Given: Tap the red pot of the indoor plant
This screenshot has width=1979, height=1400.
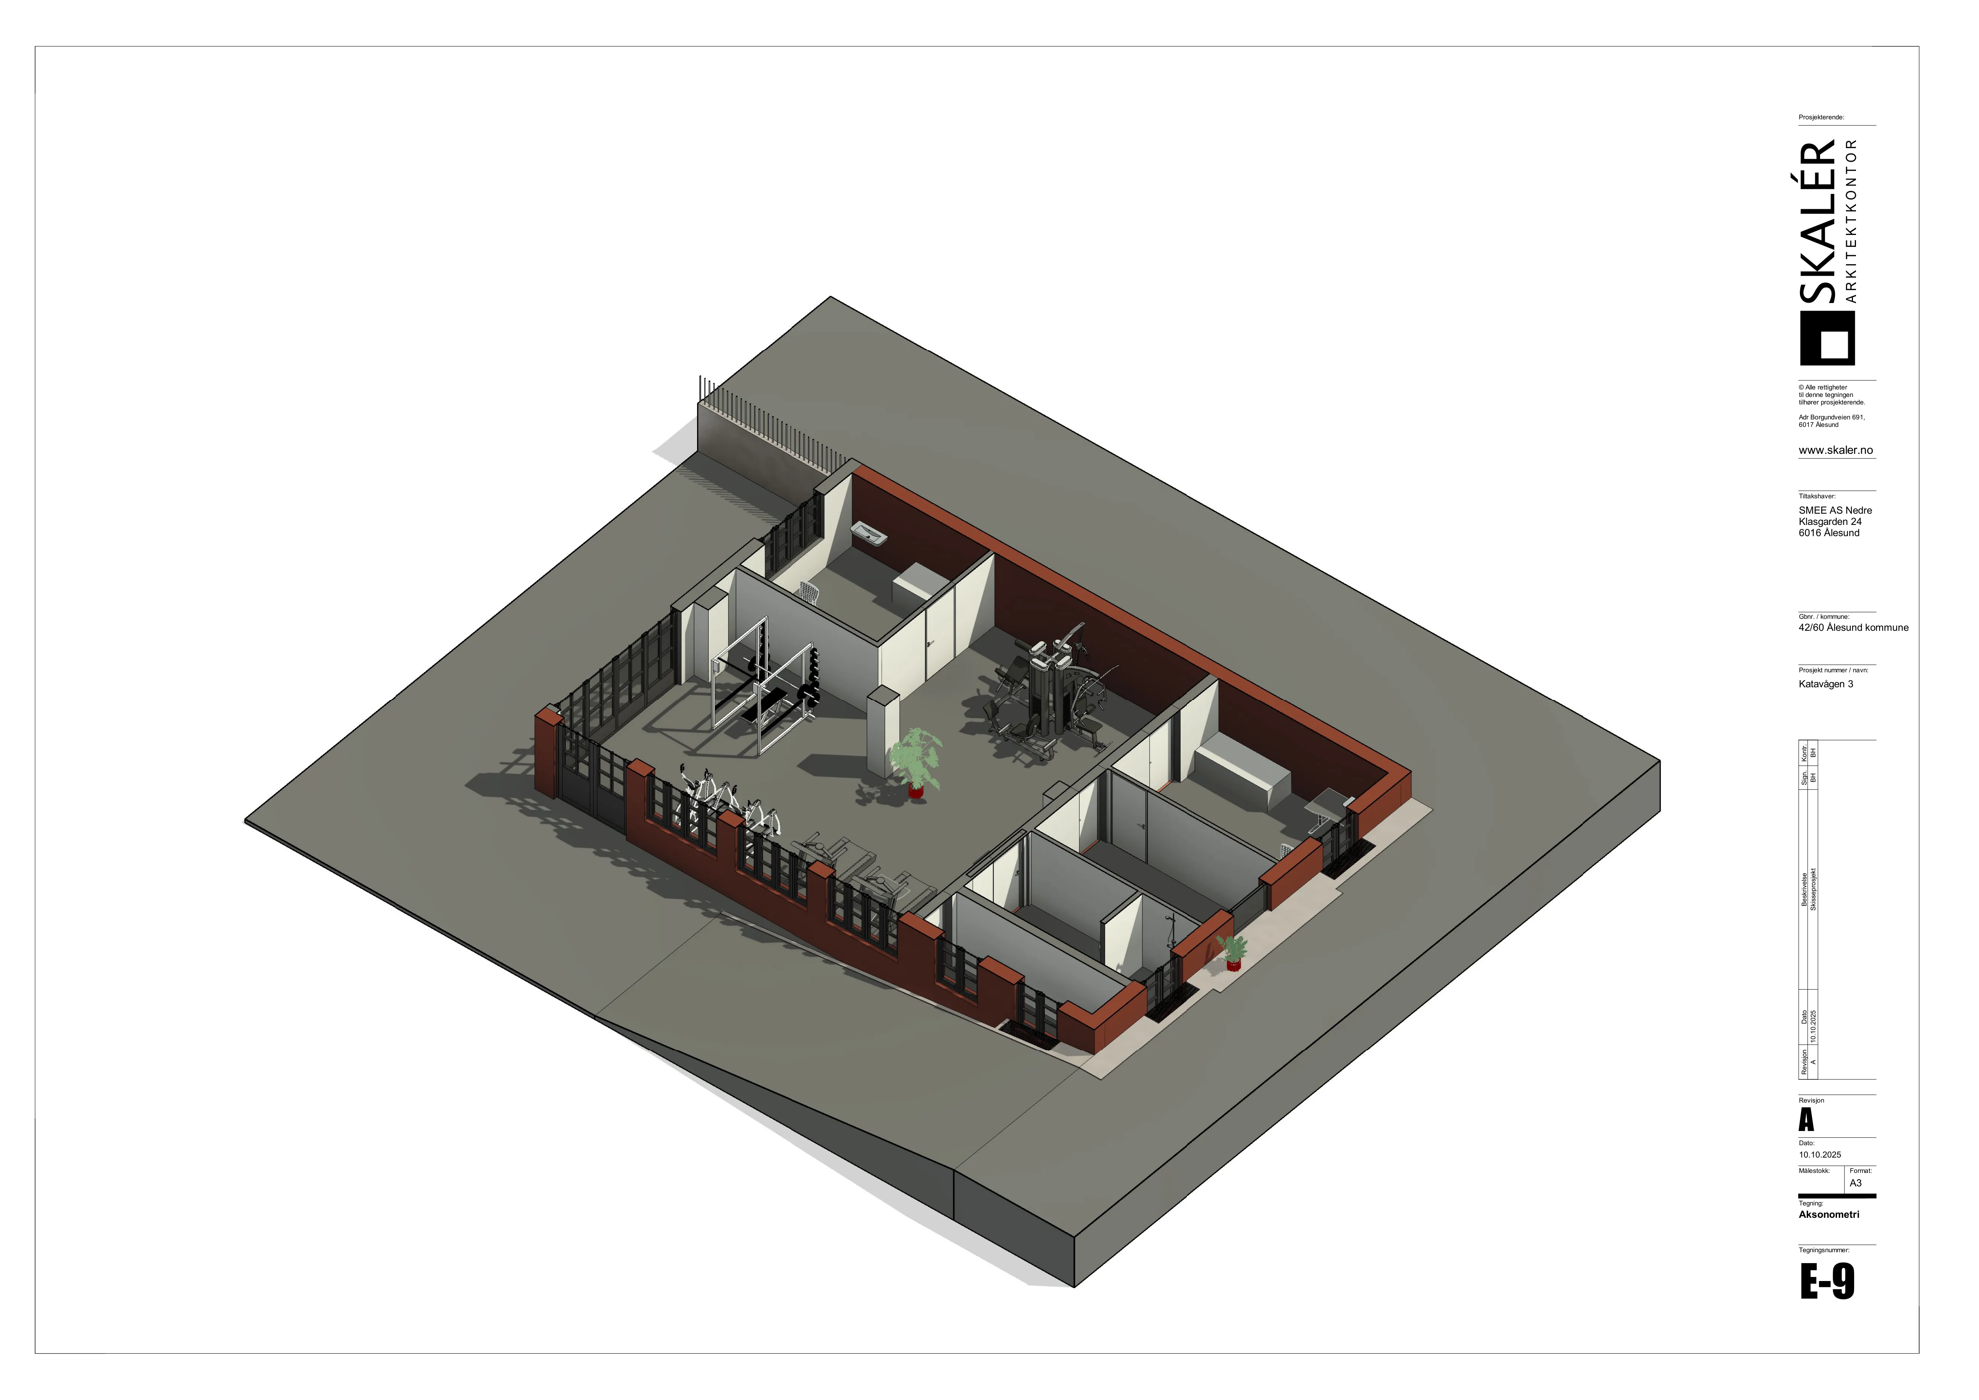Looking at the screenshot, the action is (x=915, y=789).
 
